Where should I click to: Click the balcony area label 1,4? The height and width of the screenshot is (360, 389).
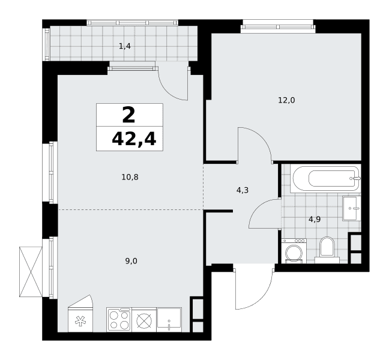[x=125, y=46]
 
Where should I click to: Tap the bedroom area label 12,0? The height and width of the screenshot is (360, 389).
[x=286, y=100]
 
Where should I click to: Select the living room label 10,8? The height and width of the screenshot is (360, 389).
[x=130, y=177]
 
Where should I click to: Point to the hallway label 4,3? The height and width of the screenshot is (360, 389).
[x=243, y=190]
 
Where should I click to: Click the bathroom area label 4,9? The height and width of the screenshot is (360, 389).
[x=315, y=219]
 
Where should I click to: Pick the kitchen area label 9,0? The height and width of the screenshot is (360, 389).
[x=131, y=261]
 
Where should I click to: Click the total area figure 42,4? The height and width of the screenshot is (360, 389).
[x=134, y=139]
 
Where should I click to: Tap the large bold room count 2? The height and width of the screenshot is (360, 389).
[x=128, y=115]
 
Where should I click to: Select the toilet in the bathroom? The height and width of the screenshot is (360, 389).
[x=327, y=250]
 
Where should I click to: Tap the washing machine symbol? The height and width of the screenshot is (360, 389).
[x=294, y=251]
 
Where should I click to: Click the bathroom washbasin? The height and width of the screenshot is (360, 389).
[x=352, y=208]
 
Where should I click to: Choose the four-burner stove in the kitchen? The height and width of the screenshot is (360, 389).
[x=119, y=320]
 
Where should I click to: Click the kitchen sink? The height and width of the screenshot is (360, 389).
[x=169, y=320]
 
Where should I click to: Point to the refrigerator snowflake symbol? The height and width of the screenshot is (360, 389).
[x=80, y=321]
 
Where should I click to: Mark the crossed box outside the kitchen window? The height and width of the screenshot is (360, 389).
[x=31, y=271]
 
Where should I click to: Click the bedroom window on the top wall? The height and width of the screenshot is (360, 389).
[x=277, y=26]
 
